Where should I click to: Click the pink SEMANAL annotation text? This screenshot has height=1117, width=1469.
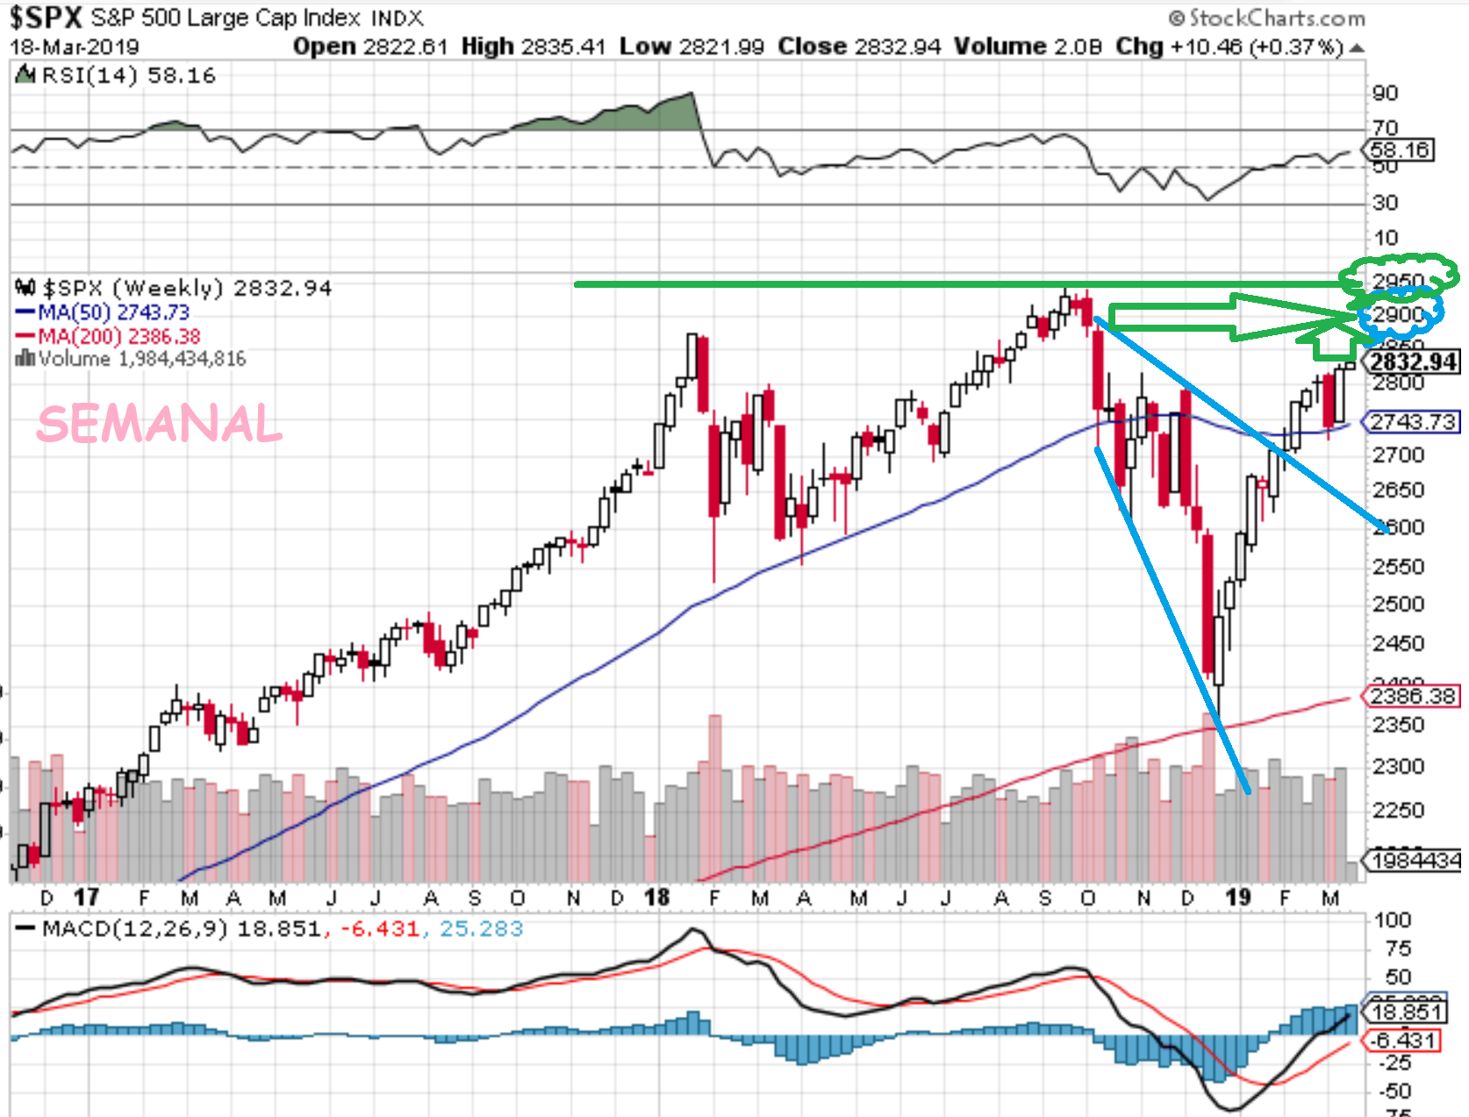[x=160, y=425]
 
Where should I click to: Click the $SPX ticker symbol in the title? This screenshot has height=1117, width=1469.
[x=46, y=18]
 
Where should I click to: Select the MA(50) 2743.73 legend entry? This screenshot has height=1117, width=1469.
[x=103, y=312]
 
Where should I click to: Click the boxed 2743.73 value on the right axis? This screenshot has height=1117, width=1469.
[x=1412, y=422]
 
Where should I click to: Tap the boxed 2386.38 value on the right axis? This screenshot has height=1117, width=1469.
[x=1412, y=697]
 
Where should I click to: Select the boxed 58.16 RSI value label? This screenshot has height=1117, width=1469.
[x=1401, y=150]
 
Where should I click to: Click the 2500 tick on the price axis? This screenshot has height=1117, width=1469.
[x=1398, y=605]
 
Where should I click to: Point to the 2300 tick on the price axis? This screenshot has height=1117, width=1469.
[x=1398, y=767]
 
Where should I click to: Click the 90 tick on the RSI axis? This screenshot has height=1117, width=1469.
[x=1385, y=94]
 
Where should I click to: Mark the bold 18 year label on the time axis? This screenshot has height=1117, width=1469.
[x=656, y=898]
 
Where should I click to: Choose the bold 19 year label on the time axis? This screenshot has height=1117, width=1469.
[x=1237, y=898]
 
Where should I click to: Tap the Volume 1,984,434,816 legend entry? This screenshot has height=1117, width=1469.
[x=132, y=359]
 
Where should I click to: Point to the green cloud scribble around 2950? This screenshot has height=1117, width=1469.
[x=1401, y=273]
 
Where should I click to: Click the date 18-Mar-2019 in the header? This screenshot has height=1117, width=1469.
[x=75, y=47]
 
